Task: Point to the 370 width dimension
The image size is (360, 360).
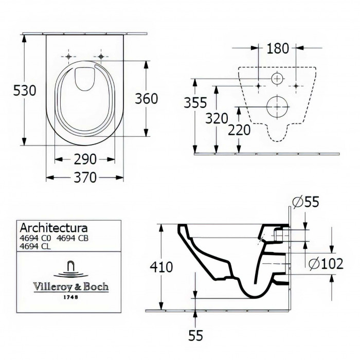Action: click(x=85, y=177)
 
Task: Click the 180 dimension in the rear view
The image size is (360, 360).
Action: click(x=277, y=48)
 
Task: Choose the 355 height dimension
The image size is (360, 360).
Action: click(x=196, y=103)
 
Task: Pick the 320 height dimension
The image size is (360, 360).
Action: click(x=216, y=118)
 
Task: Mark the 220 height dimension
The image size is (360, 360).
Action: click(x=239, y=130)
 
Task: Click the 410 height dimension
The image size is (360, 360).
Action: click(x=160, y=267)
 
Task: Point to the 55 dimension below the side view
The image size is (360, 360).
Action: click(x=195, y=336)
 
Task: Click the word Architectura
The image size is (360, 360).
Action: click(x=53, y=227)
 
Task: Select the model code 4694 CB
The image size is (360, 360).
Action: click(x=73, y=238)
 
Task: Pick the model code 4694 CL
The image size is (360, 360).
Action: click(x=35, y=246)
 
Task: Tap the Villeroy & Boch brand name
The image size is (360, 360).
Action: click(x=71, y=287)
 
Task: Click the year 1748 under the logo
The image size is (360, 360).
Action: click(x=71, y=297)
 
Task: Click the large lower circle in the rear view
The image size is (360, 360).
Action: click(x=277, y=105)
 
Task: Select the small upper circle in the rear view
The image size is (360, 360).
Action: click(x=277, y=79)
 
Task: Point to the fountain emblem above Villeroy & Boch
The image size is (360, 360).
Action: click(x=70, y=268)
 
